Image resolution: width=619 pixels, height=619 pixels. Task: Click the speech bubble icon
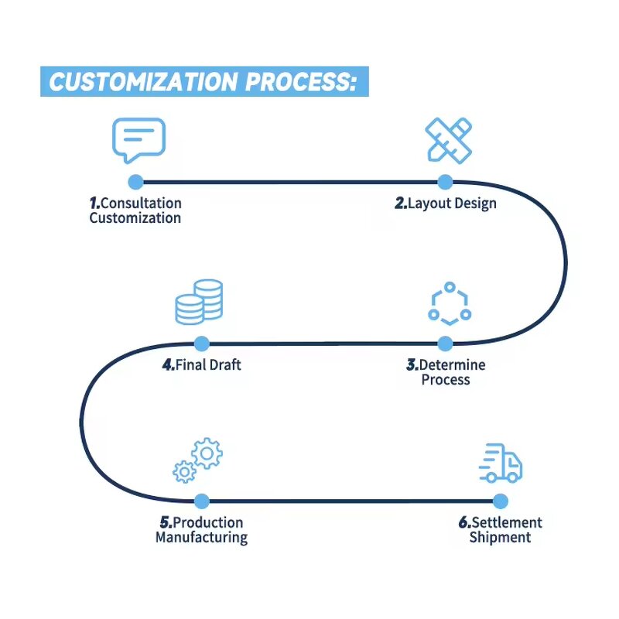pyautogui.click(x=139, y=139)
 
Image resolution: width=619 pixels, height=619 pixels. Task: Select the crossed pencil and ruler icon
pyautogui.click(x=448, y=139)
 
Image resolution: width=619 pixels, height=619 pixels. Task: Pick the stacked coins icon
pyautogui.click(x=199, y=303)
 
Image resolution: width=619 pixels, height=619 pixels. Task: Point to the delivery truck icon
pyautogui.click(x=501, y=463)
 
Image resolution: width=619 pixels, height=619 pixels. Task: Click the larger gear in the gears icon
pyautogui.click(x=207, y=453)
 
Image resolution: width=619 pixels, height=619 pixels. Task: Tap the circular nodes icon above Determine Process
pyautogui.click(x=449, y=304)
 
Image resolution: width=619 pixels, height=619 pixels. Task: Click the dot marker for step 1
pyautogui.click(x=135, y=182)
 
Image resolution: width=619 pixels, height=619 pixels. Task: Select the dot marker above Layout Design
pyautogui.click(x=445, y=182)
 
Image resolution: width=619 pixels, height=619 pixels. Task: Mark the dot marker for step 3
pyautogui.click(x=445, y=343)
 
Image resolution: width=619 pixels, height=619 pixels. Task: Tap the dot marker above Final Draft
pyautogui.click(x=201, y=343)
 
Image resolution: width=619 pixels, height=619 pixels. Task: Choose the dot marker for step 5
pyautogui.click(x=201, y=501)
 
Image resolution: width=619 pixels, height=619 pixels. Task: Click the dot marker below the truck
pyautogui.click(x=501, y=501)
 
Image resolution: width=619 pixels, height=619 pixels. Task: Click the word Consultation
pyautogui.click(x=141, y=203)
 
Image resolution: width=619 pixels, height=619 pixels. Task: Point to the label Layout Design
pyautogui.click(x=446, y=203)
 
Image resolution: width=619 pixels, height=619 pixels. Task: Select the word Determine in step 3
pyautogui.click(x=453, y=364)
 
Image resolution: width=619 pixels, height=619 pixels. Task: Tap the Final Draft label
pyautogui.click(x=203, y=364)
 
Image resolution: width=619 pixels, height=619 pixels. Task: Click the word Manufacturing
pyautogui.click(x=201, y=537)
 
